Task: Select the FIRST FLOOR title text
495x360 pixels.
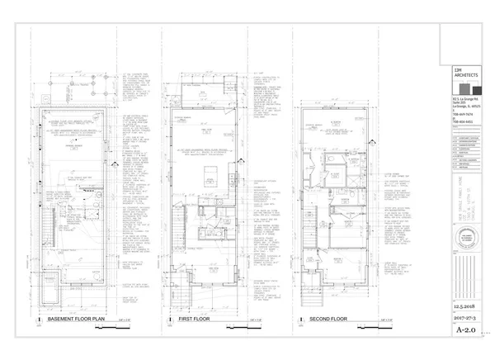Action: pos(196,318)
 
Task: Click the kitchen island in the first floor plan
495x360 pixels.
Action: pos(210,174)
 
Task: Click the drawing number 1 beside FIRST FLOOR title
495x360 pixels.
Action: pos(167,319)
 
